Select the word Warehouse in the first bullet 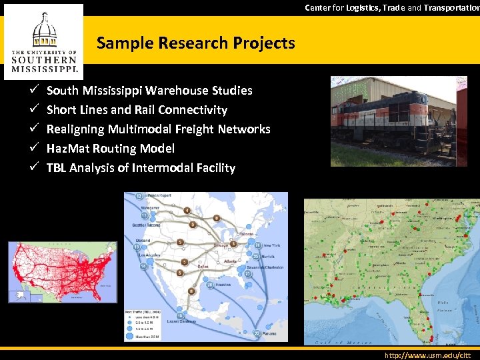coord(175,91)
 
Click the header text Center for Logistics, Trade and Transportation coord(392,8)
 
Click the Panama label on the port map coord(269,333)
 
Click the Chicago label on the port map coord(219,245)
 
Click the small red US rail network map coord(62,272)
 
